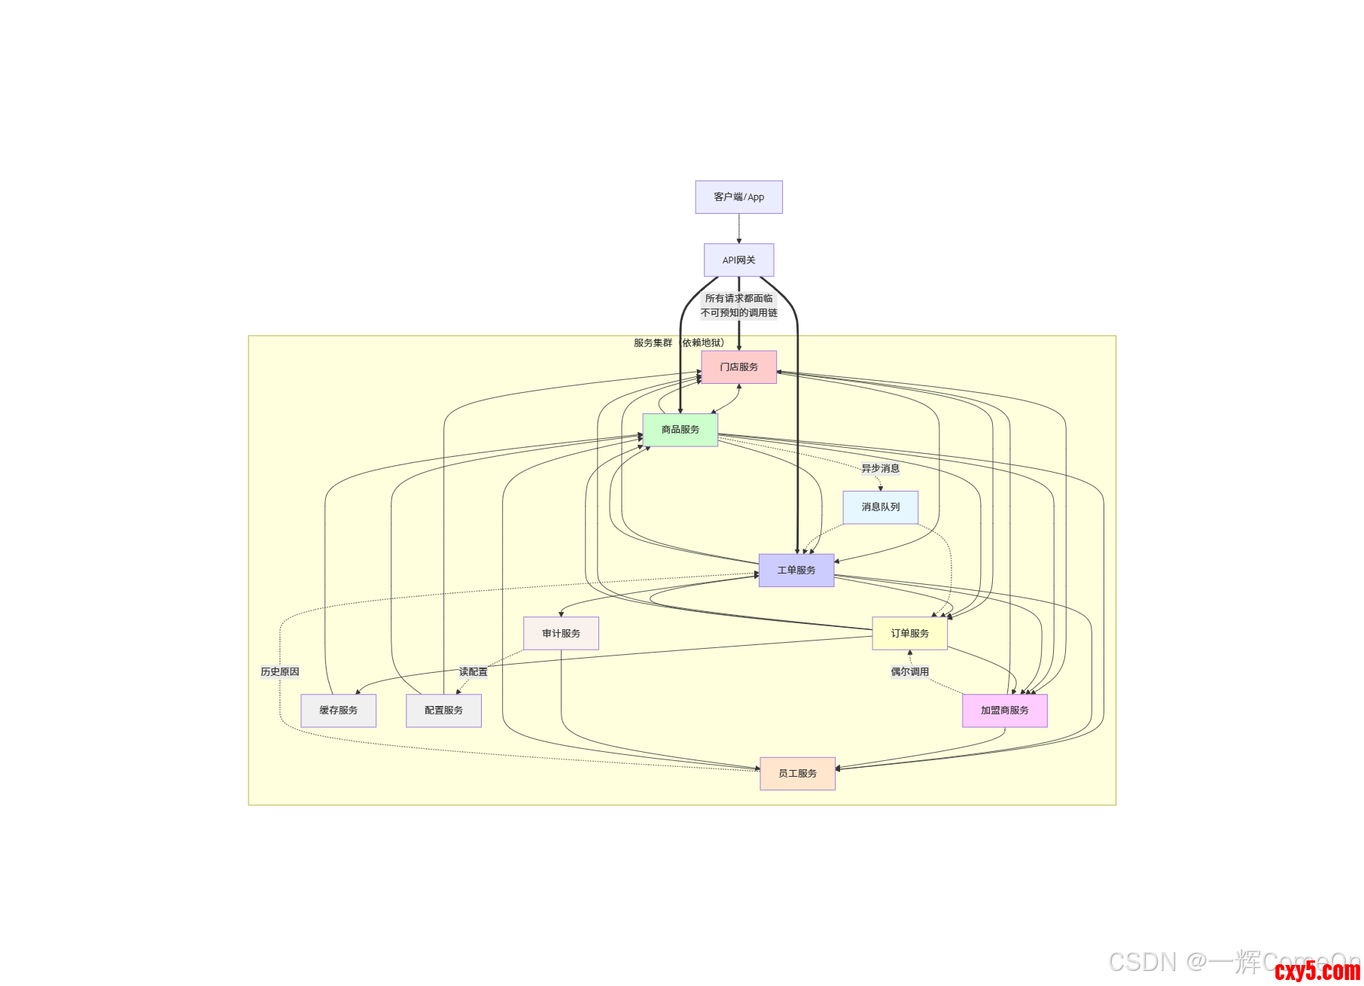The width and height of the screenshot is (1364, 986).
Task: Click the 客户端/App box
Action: pos(738,197)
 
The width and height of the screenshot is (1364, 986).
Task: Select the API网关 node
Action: pos(738,260)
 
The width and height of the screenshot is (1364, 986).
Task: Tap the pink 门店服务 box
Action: pos(738,367)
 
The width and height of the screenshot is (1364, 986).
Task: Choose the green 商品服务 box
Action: pos(680,430)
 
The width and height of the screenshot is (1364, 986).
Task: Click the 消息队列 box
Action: pos(880,507)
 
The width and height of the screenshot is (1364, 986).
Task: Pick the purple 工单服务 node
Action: pos(796,571)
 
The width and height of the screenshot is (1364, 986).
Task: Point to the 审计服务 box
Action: pos(561,634)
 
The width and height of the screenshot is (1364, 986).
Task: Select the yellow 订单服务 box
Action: pos(909,634)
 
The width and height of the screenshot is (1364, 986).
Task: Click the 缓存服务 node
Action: pos(338,711)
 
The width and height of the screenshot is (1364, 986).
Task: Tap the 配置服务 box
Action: pos(443,711)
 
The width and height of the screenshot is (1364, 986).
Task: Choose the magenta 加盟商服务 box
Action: pos(1004,711)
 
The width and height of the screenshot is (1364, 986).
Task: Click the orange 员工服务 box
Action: pos(797,774)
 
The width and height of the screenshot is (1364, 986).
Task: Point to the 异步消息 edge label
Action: pos(880,469)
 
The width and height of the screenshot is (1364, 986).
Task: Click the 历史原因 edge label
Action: pos(280,672)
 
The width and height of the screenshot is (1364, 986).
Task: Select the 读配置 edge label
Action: pos(473,672)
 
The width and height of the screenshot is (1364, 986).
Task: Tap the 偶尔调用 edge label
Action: pos(909,672)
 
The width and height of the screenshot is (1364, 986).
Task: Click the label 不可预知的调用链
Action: pos(738,313)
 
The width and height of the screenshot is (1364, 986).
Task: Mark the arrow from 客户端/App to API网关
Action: pos(738,229)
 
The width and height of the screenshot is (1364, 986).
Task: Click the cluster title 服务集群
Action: pos(653,343)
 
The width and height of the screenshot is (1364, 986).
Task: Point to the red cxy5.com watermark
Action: pos(1317,971)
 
